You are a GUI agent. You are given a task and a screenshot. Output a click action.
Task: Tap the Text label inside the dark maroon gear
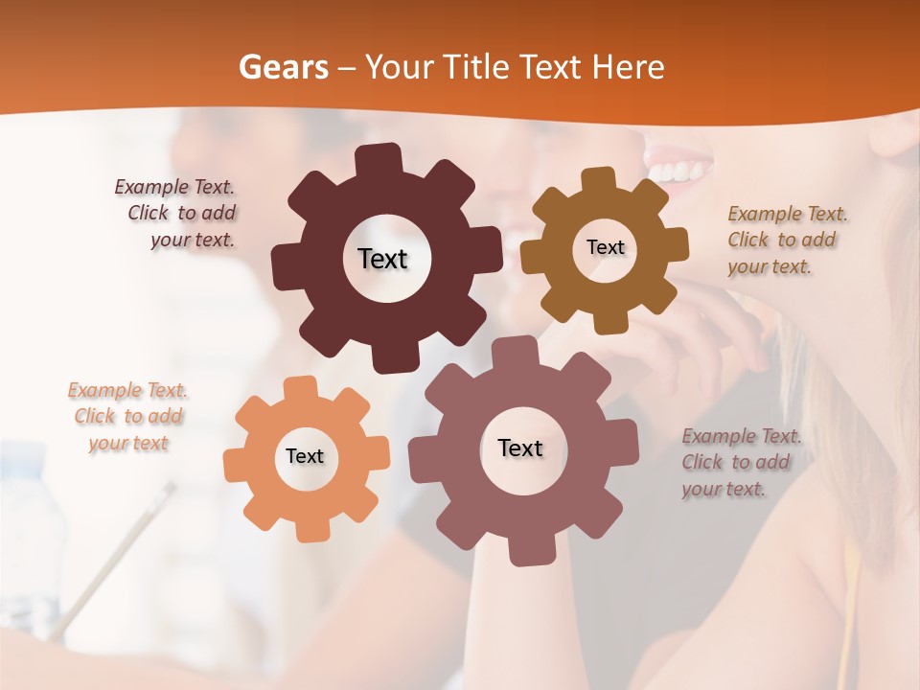pos(382,259)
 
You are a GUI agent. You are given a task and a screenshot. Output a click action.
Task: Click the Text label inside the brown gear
pos(605,247)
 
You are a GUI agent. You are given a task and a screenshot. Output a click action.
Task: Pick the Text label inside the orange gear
pos(305,456)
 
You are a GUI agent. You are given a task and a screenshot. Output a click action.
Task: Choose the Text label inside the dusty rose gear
pos(519,448)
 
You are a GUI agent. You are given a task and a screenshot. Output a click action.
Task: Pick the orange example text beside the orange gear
pos(128,417)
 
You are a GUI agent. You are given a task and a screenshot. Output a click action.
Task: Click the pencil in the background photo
pos(115,556)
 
